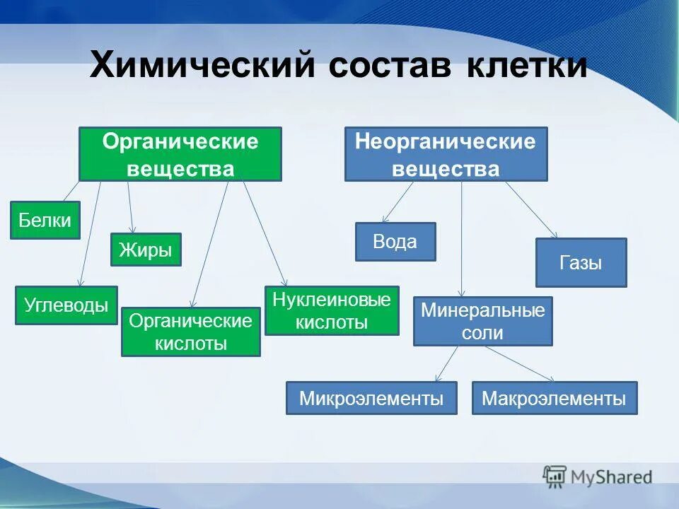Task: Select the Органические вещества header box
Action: click(180, 154)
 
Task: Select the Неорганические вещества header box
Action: click(446, 154)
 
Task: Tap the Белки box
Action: click(45, 220)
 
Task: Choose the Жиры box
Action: click(146, 250)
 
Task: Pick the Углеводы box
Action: click(66, 305)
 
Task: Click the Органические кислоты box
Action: click(191, 332)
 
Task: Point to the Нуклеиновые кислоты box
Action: click(332, 310)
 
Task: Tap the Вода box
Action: click(395, 242)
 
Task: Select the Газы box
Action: click(581, 262)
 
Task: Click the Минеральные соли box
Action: click(483, 321)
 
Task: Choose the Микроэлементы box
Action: click(371, 398)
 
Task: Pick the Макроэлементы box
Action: click(554, 398)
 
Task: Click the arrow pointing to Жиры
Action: click(130, 206)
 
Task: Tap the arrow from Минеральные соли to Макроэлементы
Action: click(520, 363)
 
